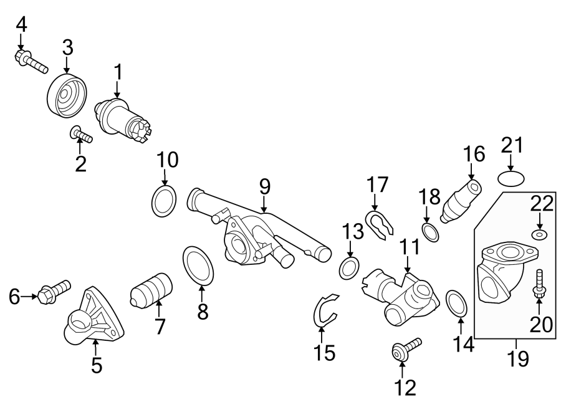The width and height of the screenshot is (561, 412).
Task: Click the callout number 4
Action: click(x=22, y=24)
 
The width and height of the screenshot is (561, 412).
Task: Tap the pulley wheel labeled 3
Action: click(x=65, y=95)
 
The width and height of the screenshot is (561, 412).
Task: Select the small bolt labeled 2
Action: click(x=81, y=133)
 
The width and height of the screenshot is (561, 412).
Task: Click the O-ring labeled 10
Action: click(x=164, y=201)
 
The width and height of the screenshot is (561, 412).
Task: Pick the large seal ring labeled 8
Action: click(x=199, y=264)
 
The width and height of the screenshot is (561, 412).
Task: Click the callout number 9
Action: click(x=265, y=186)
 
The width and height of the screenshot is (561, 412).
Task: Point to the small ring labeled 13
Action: click(x=348, y=269)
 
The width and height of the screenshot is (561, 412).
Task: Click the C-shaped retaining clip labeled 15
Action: click(x=323, y=309)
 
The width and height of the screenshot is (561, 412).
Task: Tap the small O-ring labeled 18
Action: click(x=429, y=232)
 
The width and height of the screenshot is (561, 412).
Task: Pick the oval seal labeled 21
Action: click(x=511, y=180)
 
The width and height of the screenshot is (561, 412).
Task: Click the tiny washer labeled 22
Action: click(x=539, y=234)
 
